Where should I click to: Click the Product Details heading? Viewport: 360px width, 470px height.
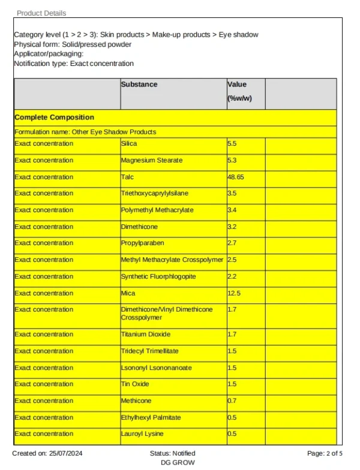point(41,13)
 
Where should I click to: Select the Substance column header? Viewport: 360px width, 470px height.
point(139,85)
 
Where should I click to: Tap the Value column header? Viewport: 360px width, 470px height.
point(237,85)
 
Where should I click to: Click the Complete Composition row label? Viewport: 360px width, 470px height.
point(54,117)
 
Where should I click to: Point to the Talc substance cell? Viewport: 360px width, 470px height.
point(127,177)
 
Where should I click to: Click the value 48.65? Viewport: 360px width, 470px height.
point(236,177)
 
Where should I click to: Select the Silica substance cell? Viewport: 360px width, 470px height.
point(129,144)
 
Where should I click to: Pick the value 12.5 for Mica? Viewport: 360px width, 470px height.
point(234,293)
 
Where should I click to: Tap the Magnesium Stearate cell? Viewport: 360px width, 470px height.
point(152,161)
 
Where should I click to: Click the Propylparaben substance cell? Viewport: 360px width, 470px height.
point(142,243)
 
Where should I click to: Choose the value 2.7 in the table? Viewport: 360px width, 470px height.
point(232,243)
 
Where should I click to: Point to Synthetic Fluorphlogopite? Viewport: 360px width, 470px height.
point(158,276)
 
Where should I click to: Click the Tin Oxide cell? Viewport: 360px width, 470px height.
point(135,384)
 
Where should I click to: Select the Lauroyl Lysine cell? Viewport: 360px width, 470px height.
point(142,434)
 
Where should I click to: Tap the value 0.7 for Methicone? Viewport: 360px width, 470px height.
point(232,401)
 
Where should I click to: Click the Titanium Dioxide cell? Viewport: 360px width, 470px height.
point(146,335)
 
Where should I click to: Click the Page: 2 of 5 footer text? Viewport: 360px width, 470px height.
point(325,453)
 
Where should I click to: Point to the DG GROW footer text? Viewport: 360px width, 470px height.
point(178,463)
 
